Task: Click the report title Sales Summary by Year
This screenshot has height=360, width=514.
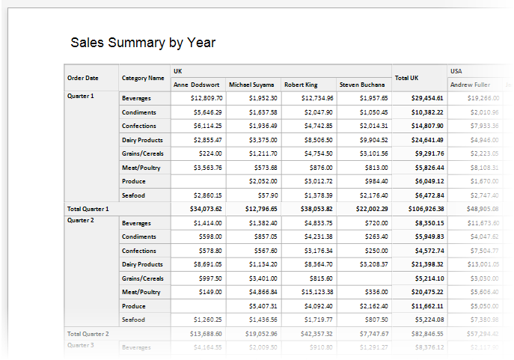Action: (143, 43)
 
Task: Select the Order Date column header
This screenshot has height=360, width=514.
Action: (82, 78)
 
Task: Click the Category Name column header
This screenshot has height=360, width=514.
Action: (142, 78)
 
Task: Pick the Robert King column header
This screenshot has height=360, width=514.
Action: (301, 85)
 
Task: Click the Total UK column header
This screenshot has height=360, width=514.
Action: (407, 78)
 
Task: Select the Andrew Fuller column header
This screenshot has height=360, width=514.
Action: (470, 85)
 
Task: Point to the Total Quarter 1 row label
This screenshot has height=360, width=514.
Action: (88, 209)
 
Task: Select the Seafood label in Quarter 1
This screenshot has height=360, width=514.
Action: (134, 195)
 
